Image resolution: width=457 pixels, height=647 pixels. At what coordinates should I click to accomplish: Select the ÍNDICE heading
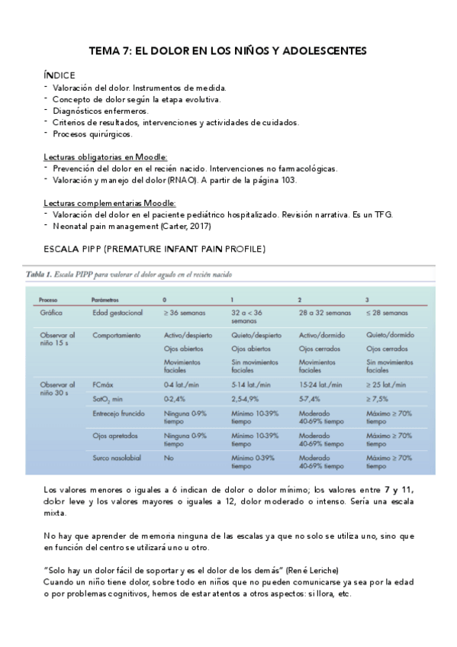point(59,76)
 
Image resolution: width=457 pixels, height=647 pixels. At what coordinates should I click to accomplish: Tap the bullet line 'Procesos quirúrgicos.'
point(92,134)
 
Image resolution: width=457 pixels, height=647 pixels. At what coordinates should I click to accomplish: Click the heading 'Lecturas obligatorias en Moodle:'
point(111,156)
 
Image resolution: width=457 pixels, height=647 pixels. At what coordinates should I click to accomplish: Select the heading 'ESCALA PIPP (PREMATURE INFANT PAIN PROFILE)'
point(155,249)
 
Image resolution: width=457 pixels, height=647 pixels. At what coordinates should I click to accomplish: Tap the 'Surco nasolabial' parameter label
point(119,458)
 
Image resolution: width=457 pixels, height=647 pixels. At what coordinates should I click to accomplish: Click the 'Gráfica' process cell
point(51,314)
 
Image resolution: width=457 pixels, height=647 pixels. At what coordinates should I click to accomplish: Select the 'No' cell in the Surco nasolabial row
point(169,458)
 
